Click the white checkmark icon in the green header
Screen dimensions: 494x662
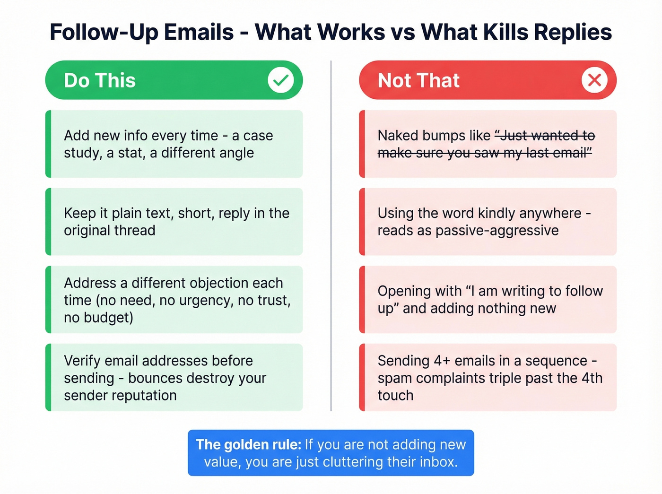click(280, 80)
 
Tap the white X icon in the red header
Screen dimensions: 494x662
click(594, 80)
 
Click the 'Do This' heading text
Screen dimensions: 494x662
click(100, 80)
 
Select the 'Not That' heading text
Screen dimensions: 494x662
click(418, 80)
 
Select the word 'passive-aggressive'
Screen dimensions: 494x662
click(497, 231)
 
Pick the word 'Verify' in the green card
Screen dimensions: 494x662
click(82, 361)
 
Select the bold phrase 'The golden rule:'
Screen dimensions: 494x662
click(248, 444)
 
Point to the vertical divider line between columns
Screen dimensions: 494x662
click(331, 236)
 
